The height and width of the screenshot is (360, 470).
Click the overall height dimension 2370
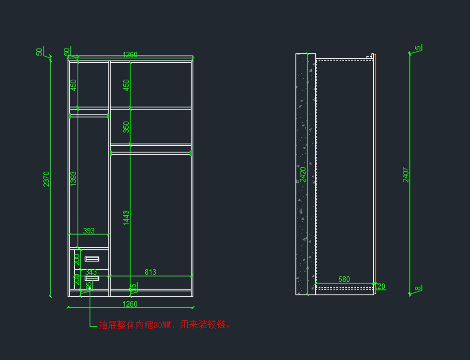(47, 179)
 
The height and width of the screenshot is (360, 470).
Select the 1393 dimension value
(74, 179)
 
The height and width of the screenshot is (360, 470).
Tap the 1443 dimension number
(126, 218)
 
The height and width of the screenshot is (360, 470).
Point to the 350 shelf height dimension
(126, 127)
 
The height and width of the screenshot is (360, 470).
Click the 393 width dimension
(89, 231)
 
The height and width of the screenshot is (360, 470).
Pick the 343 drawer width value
(91, 272)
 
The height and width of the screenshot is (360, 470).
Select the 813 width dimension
(150, 272)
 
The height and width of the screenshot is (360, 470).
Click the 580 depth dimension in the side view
(344, 279)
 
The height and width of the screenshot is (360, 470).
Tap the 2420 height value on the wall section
(303, 175)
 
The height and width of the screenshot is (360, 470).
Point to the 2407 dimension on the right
(406, 175)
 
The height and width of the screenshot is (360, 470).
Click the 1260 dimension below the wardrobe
(130, 304)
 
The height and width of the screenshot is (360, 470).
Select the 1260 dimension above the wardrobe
(130, 54)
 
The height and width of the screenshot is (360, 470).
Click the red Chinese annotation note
(164, 325)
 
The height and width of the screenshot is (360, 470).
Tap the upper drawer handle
(92, 259)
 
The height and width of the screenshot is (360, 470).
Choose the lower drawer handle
(92, 279)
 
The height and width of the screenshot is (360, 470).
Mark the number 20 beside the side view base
(381, 286)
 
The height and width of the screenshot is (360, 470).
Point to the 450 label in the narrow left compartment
(73, 85)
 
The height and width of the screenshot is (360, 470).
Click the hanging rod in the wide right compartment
(151, 153)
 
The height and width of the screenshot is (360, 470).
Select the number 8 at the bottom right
(418, 289)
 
